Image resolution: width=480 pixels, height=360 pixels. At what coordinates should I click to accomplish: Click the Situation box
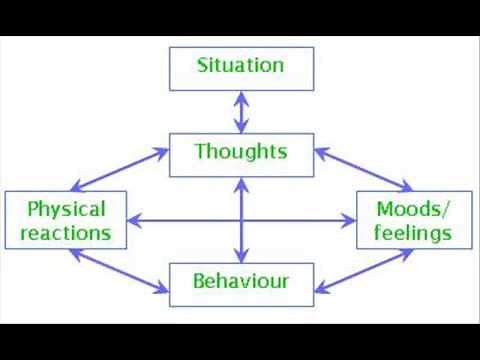tap(240, 67)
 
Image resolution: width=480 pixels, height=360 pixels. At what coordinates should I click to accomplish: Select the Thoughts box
tap(240, 153)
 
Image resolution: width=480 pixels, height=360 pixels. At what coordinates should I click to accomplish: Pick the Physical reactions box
tap(68, 221)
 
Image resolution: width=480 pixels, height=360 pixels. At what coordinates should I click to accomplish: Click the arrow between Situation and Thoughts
tap(240, 110)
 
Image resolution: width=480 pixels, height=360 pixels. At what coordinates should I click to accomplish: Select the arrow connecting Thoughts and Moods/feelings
tap(362, 171)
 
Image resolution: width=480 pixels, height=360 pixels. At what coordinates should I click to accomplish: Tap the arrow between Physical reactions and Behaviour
tap(118, 270)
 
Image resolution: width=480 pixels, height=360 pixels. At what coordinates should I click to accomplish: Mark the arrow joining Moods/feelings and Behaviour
tap(362, 270)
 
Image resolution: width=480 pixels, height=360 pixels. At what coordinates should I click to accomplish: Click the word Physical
tap(67, 209)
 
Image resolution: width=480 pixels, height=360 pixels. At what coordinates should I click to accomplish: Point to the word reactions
tap(68, 233)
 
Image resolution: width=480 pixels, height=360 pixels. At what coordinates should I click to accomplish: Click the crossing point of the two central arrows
tap(240, 220)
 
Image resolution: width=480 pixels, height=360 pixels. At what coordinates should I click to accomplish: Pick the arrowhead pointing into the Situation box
tap(240, 94)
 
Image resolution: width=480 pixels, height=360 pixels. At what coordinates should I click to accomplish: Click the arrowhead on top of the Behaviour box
tap(240, 256)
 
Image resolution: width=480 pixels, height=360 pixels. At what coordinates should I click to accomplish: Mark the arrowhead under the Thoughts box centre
tap(240, 183)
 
